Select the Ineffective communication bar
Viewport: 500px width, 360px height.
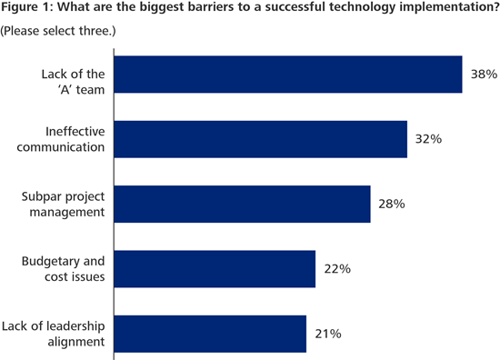tap(259, 139)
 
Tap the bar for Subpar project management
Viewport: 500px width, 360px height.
tap(241, 204)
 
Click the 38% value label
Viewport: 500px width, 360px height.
tap(483, 75)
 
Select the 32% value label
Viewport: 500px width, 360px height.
tap(427, 139)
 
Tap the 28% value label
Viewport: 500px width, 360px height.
tap(391, 204)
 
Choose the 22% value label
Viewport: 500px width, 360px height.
tap(335, 269)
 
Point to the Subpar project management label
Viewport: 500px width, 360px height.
tap(62, 205)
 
